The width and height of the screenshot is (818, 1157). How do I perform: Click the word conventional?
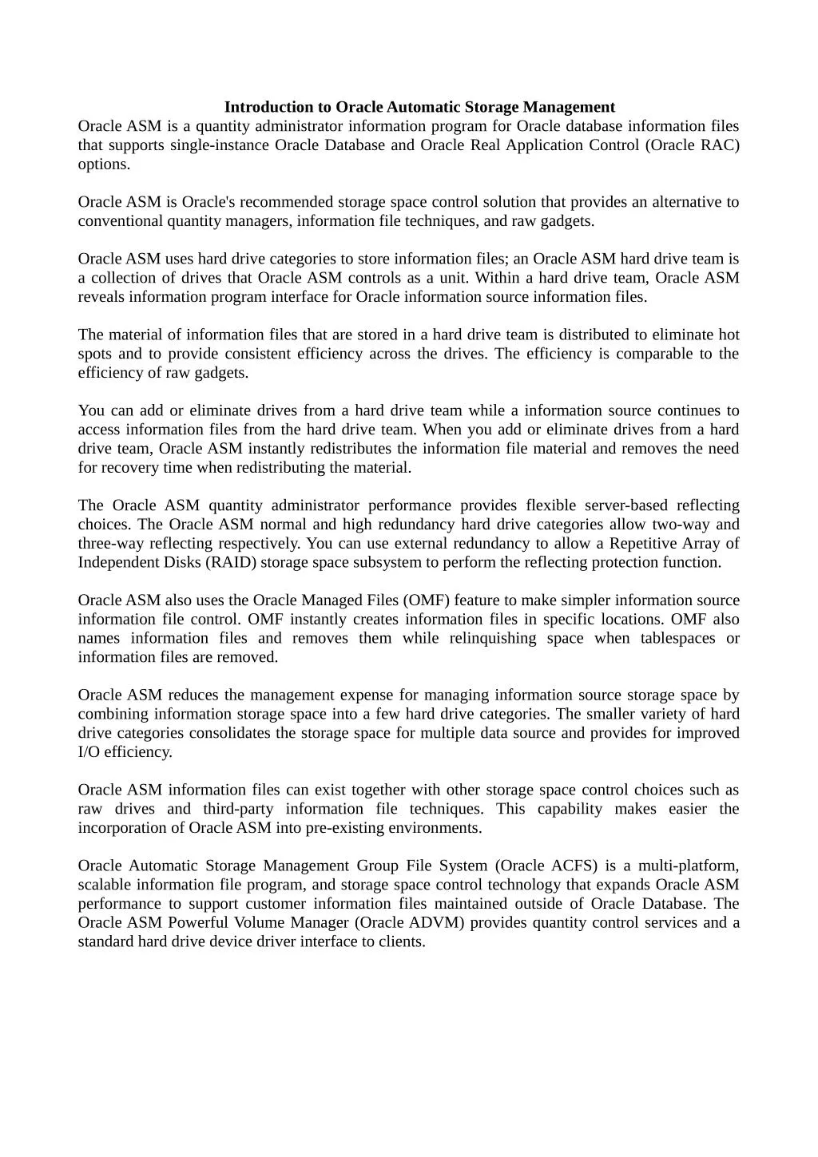pos(120,221)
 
